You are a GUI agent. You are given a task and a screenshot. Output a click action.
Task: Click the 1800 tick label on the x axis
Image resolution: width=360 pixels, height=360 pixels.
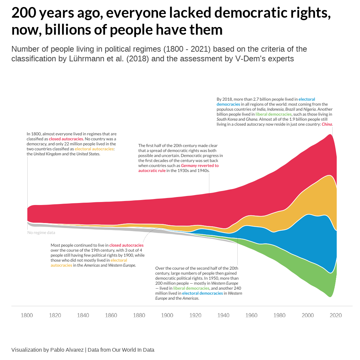pos(27,315)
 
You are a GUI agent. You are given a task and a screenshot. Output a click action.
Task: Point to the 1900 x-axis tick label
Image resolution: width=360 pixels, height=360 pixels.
pos(167,315)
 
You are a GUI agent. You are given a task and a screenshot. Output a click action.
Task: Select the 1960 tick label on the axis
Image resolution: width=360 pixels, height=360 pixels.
pos(251,315)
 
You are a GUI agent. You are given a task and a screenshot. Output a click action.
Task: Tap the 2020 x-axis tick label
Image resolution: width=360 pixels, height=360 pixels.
pos(336,315)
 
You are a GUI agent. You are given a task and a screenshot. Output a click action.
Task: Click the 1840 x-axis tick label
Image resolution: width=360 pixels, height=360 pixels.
pos(83,315)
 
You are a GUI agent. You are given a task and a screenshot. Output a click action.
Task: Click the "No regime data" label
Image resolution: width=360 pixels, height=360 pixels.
pos(41,233)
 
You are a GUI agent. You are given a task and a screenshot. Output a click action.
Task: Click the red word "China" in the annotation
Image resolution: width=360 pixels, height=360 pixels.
pos(327,124)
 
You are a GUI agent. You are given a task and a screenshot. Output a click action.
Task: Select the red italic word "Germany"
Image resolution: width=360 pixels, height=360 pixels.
pos(189,166)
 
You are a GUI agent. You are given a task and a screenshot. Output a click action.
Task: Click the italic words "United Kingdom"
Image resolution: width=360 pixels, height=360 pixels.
pos(47,154)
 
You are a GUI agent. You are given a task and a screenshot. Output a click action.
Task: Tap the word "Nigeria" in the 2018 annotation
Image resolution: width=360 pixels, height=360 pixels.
pos(310,109)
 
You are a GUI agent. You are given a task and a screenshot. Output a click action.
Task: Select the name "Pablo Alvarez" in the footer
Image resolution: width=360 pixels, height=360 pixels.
pos(67,350)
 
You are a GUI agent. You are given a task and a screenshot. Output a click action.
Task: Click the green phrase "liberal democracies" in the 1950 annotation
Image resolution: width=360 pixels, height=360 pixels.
pos(191,288)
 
